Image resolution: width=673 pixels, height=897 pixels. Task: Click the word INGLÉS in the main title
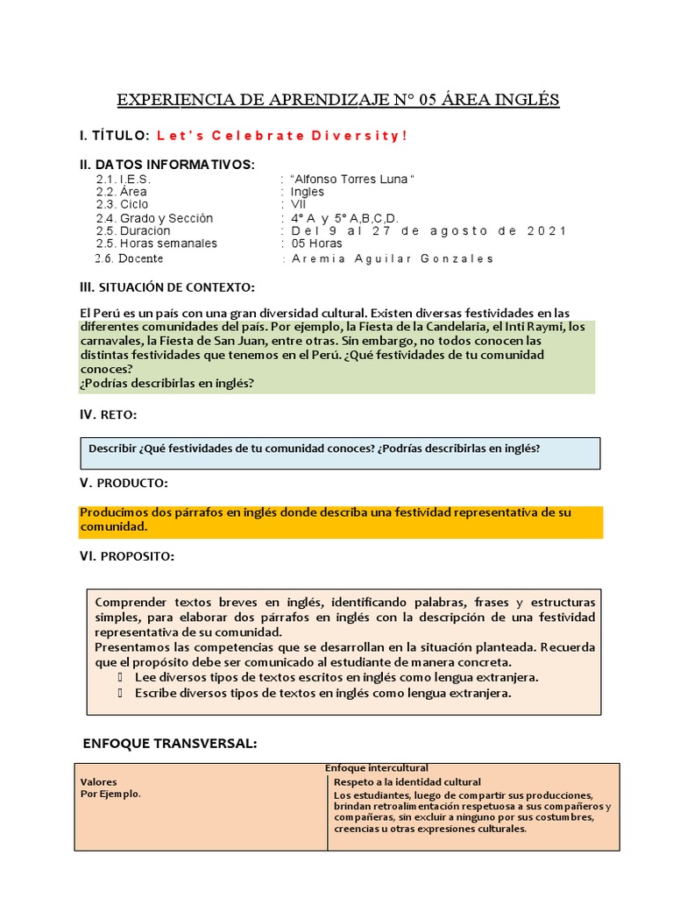pos(528,99)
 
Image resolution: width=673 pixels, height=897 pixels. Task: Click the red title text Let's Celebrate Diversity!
pos(281,136)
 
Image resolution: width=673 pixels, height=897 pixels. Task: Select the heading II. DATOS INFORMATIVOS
pos(167,165)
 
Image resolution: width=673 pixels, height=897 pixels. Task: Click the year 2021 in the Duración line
pos(546,230)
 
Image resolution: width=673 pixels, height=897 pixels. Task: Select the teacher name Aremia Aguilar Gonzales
pos(392,258)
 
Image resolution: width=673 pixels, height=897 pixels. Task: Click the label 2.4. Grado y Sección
pos(154,217)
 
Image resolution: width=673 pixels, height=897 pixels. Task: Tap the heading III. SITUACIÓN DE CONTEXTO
pos(167,287)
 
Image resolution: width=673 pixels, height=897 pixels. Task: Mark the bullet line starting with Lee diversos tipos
pos(336,677)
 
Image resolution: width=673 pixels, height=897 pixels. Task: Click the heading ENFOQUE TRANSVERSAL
pos(169,743)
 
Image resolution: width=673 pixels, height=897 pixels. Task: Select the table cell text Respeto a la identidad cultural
pos(407,781)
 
